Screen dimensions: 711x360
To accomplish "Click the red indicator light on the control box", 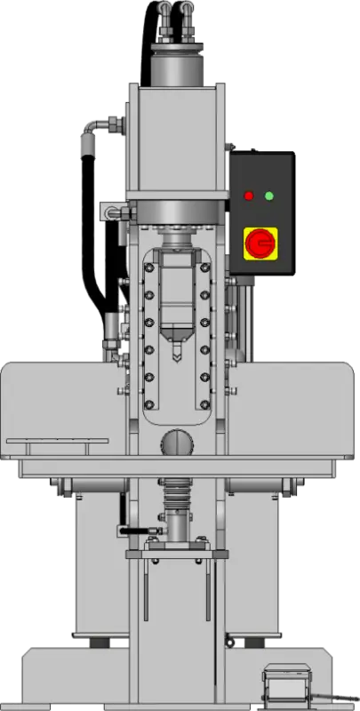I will [248, 196].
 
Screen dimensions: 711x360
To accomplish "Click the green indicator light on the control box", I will [269, 196].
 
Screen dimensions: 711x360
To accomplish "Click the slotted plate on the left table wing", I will [57, 441].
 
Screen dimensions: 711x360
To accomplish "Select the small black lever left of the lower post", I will [133, 531].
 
